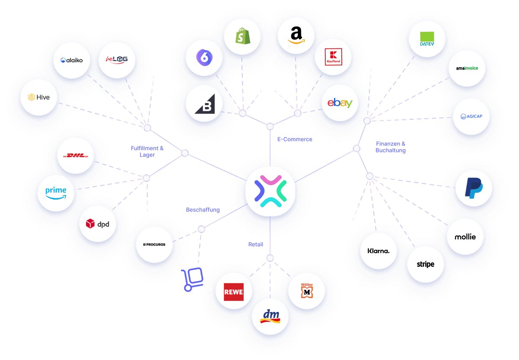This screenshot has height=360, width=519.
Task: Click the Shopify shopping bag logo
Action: (243, 36)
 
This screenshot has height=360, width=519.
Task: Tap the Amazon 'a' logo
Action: (296, 35)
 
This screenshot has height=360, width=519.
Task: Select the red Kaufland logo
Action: (333, 57)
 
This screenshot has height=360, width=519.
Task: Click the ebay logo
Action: (340, 103)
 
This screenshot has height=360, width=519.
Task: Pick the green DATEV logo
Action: (427, 39)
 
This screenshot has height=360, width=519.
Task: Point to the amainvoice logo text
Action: (467, 68)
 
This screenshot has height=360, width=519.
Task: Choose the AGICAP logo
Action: (471, 116)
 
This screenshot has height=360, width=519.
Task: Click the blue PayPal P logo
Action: (474, 188)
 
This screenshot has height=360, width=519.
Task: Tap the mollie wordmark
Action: (465, 237)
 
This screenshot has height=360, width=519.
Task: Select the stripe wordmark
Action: (426, 264)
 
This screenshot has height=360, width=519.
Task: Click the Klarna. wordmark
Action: (378, 251)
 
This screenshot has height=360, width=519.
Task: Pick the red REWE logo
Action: (234, 292)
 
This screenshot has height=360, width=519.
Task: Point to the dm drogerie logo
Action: (270, 316)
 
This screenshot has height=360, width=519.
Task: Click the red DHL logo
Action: (76, 155)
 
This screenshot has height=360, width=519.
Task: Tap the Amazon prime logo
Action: (56, 193)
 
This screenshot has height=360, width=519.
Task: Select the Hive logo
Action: (38, 97)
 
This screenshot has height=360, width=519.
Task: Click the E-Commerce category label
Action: (295, 139)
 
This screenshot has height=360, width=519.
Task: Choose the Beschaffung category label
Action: (203, 209)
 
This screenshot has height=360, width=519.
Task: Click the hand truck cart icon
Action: (192, 280)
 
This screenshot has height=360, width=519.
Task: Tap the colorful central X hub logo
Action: (270, 191)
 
